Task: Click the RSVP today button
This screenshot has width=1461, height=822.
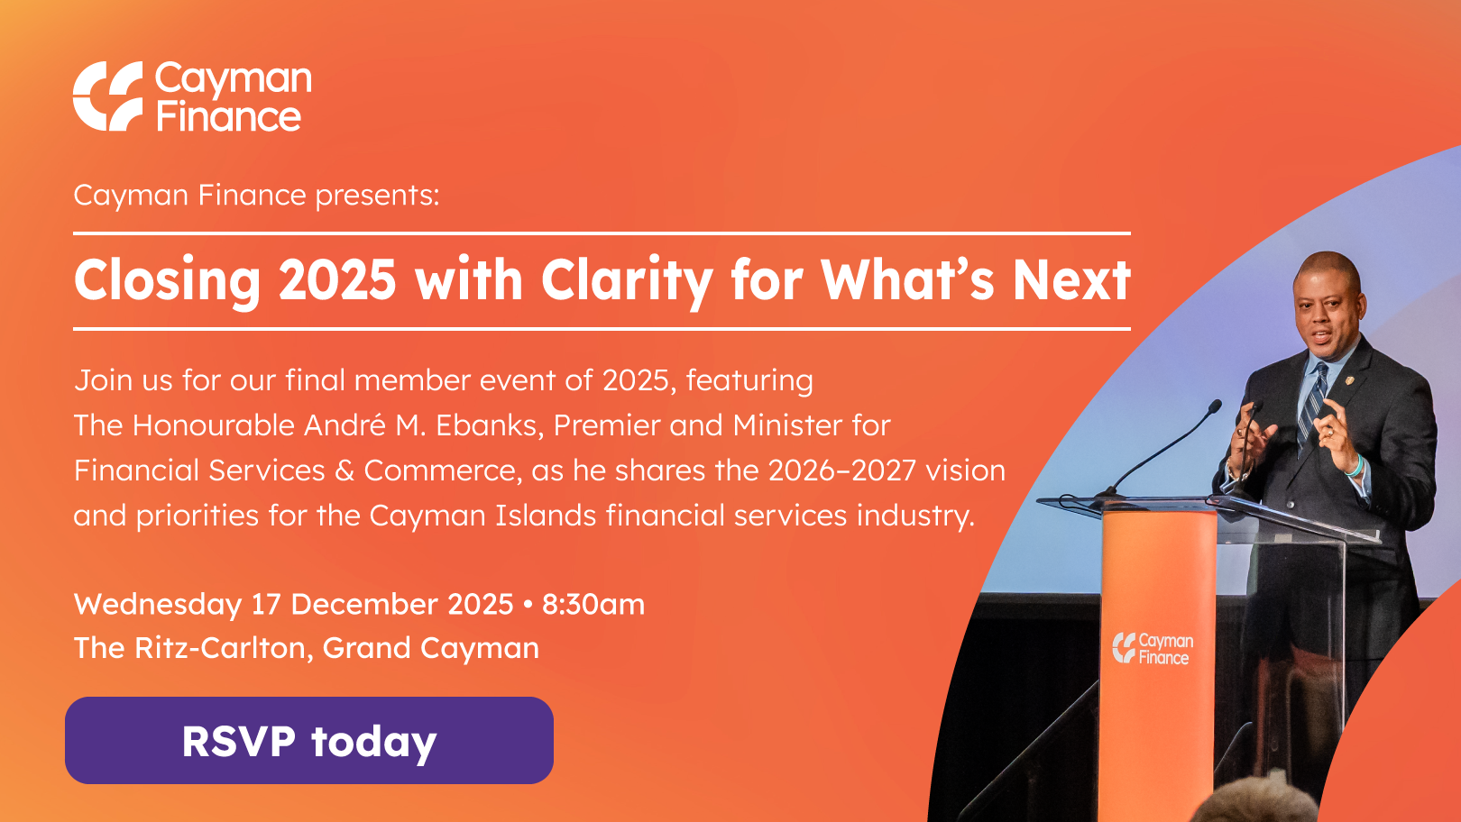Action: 309,741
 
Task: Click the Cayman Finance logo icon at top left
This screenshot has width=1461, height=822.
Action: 107,96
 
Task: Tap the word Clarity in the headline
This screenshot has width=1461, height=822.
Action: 626,281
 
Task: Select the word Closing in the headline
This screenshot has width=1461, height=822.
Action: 167,281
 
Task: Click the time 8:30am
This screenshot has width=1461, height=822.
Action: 593,604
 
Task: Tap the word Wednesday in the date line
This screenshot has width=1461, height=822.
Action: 158,605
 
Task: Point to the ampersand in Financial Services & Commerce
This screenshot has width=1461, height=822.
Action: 345,470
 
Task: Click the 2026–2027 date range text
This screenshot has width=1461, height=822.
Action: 841,470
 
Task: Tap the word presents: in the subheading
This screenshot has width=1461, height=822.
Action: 377,196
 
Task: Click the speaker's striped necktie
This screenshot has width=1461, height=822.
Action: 1312,404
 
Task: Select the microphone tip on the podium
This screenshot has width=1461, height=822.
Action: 1214,406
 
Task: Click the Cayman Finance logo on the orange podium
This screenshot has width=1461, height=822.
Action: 1153,649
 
